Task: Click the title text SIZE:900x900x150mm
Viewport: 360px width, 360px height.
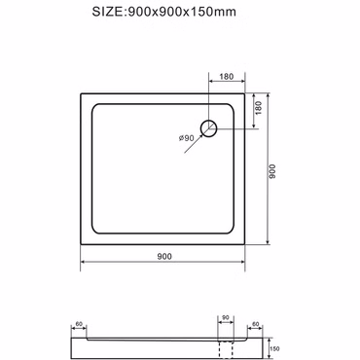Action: pos(163,12)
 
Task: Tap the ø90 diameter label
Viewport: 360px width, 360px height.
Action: pos(187,138)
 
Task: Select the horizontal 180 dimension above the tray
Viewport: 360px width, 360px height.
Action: pos(227,77)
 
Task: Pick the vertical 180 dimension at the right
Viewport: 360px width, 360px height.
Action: pos(258,108)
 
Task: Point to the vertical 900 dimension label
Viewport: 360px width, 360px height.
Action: pos(272,171)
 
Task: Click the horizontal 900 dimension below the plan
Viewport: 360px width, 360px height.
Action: pos(164,257)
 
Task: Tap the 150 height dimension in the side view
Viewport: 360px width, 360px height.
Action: pos(274,349)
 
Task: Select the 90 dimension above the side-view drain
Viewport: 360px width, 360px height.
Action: pos(226,317)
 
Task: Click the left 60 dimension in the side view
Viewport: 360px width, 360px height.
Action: pos(79,324)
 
